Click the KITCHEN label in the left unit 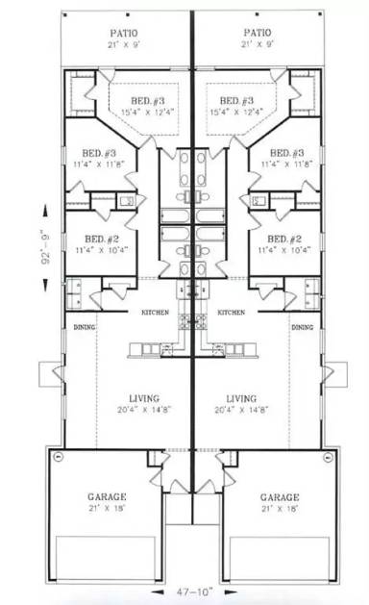coord(157,313)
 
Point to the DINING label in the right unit coord(303,327)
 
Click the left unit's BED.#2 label coord(100,239)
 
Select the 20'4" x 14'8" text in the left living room coord(144,409)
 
